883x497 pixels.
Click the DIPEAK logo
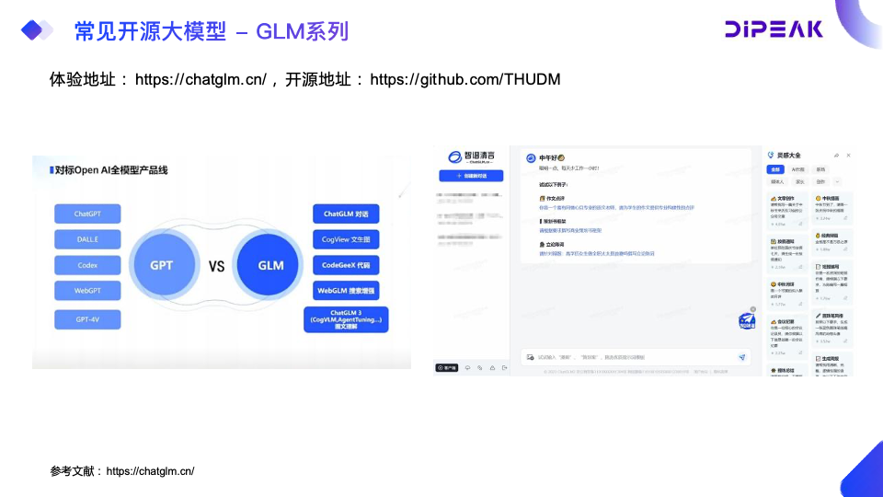point(774,29)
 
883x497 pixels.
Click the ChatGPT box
point(87,214)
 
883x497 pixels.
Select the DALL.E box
point(87,239)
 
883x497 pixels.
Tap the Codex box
point(87,265)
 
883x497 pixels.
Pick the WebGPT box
point(87,291)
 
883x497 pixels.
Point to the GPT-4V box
point(87,319)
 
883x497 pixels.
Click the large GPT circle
point(161,266)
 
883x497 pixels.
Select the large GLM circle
point(270,266)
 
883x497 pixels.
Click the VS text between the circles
point(216,267)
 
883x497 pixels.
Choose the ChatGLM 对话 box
point(346,214)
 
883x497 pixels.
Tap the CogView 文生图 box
point(346,239)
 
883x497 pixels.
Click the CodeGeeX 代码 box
point(346,265)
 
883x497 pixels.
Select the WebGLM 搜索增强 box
point(346,291)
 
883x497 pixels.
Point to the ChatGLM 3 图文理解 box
point(346,319)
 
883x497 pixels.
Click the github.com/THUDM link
point(464,79)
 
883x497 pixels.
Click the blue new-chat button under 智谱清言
point(471,175)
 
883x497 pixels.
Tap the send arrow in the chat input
point(742,356)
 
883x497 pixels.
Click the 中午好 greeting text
point(551,157)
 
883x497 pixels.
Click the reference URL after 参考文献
point(150,471)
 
